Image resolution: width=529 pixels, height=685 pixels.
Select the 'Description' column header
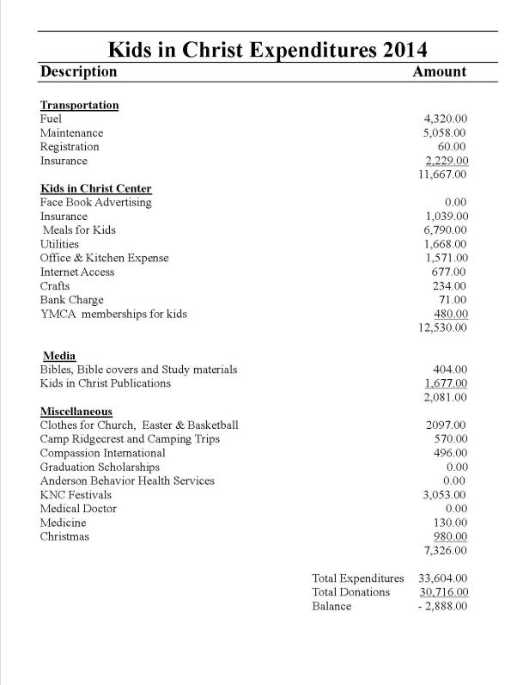coord(78,71)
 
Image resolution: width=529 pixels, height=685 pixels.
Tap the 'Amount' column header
coord(439,71)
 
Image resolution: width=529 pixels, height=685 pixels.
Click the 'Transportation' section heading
coord(79,105)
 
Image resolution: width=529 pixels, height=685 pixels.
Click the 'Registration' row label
coord(70,147)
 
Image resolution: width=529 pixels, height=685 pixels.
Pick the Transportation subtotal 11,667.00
coord(442,174)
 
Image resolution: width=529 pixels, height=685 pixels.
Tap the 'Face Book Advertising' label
coord(95,203)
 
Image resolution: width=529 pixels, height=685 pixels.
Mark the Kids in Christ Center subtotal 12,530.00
coord(442,327)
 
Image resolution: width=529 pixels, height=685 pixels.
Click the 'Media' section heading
coord(59,356)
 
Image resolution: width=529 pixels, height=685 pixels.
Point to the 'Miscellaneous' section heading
coord(76,412)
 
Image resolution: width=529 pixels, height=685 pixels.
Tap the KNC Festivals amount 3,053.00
coord(445,495)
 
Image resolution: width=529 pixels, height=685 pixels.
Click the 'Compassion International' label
coord(102,453)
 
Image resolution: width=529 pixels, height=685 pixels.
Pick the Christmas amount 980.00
coord(449,536)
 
